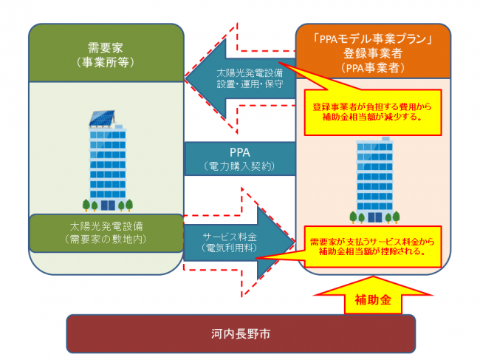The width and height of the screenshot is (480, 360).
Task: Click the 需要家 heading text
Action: (x=106, y=47)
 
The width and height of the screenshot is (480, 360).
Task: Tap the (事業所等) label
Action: (x=106, y=62)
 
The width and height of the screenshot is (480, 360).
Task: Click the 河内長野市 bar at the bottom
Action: (x=240, y=334)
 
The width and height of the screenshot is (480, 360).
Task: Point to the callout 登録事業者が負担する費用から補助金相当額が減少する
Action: (x=373, y=111)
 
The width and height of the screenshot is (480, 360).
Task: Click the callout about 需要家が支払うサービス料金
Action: (x=373, y=246)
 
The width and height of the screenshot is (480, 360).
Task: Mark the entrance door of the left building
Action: (x=108, y=205)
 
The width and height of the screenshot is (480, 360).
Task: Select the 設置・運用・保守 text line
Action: (x=244, y=86)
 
